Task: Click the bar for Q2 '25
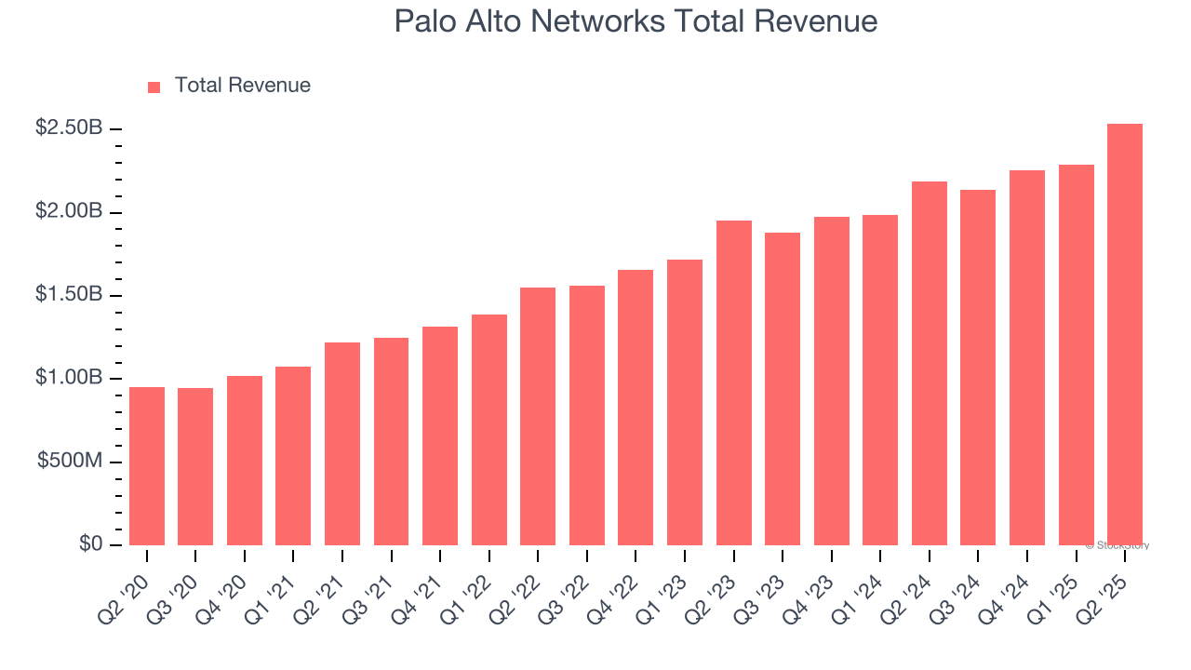1125,335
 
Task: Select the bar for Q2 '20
147,466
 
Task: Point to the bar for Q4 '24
1027,358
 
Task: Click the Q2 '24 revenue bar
930,364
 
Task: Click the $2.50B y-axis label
69,128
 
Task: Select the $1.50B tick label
69,295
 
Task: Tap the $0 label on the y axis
90,544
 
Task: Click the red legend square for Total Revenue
154,87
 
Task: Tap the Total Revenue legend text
243,86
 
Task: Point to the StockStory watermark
1117,545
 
